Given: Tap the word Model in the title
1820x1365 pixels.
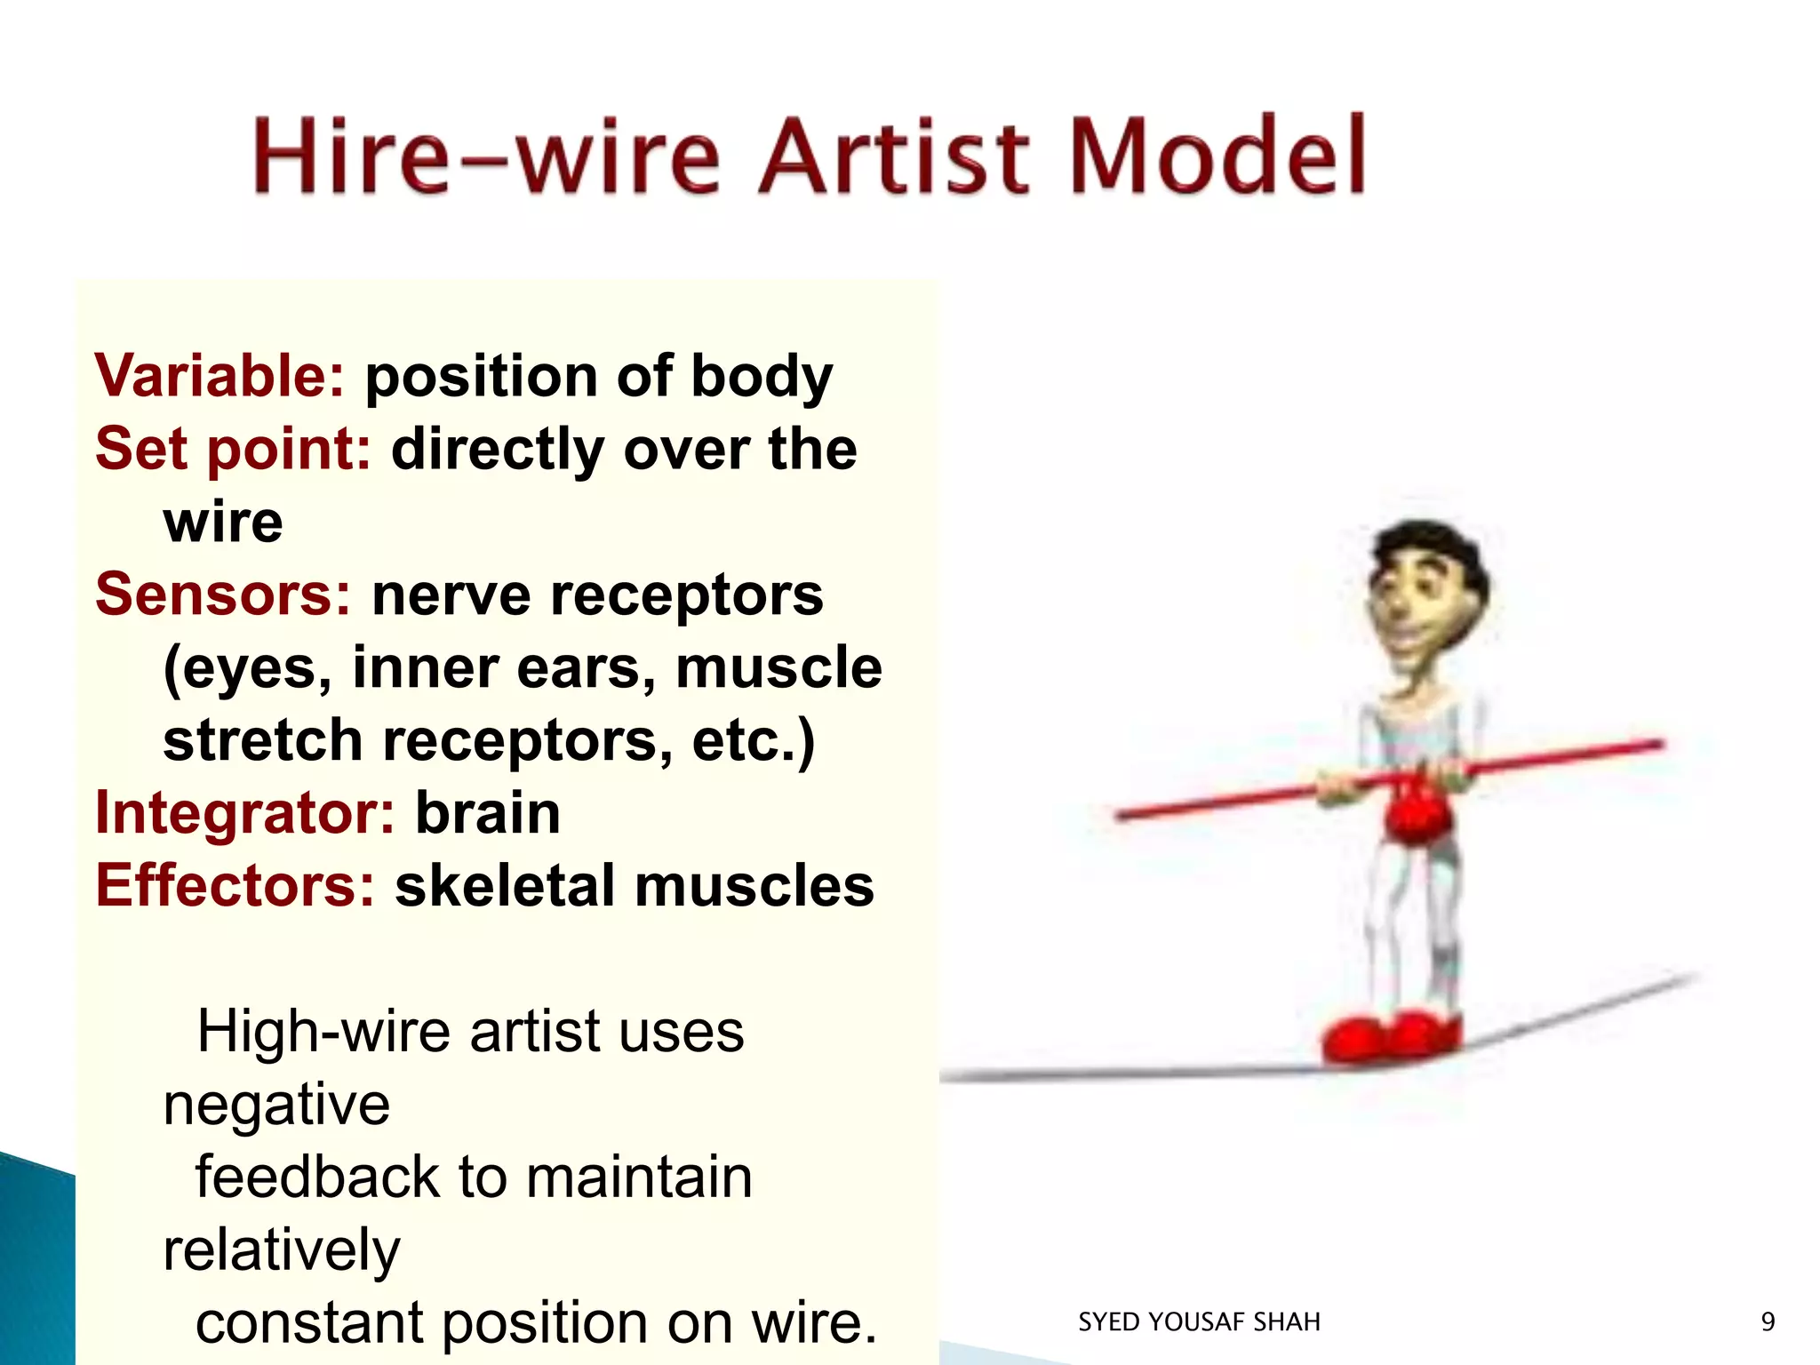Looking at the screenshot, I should point(1217,156).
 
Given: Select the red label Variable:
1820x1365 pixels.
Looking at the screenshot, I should point(219,376).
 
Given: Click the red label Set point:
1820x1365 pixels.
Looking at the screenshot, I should point(233,449).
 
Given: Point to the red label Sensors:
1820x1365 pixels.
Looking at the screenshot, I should point(223,595).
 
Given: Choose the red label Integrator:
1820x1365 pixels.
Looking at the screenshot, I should point(244,813).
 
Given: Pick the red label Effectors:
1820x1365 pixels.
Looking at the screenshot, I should point(235,886).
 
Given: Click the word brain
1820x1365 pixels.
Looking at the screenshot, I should point(488,813).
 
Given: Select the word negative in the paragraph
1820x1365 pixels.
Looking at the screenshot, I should point(276,1105).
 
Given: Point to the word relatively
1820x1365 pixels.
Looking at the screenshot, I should point(282,1250).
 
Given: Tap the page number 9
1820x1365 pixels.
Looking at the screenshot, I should point(1768,1322).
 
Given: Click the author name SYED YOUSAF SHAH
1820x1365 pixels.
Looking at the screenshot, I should point(1199,1322).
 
